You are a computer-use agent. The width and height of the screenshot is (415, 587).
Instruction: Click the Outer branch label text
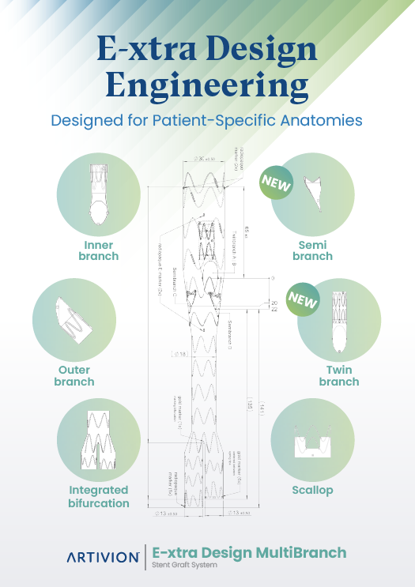74,376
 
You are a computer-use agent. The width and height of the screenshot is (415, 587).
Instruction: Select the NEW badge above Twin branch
303,300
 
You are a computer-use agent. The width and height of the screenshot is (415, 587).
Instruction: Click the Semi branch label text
313,250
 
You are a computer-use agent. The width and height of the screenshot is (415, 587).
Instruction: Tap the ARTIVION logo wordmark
102,557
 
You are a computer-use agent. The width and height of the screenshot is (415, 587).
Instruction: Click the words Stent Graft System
185,566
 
